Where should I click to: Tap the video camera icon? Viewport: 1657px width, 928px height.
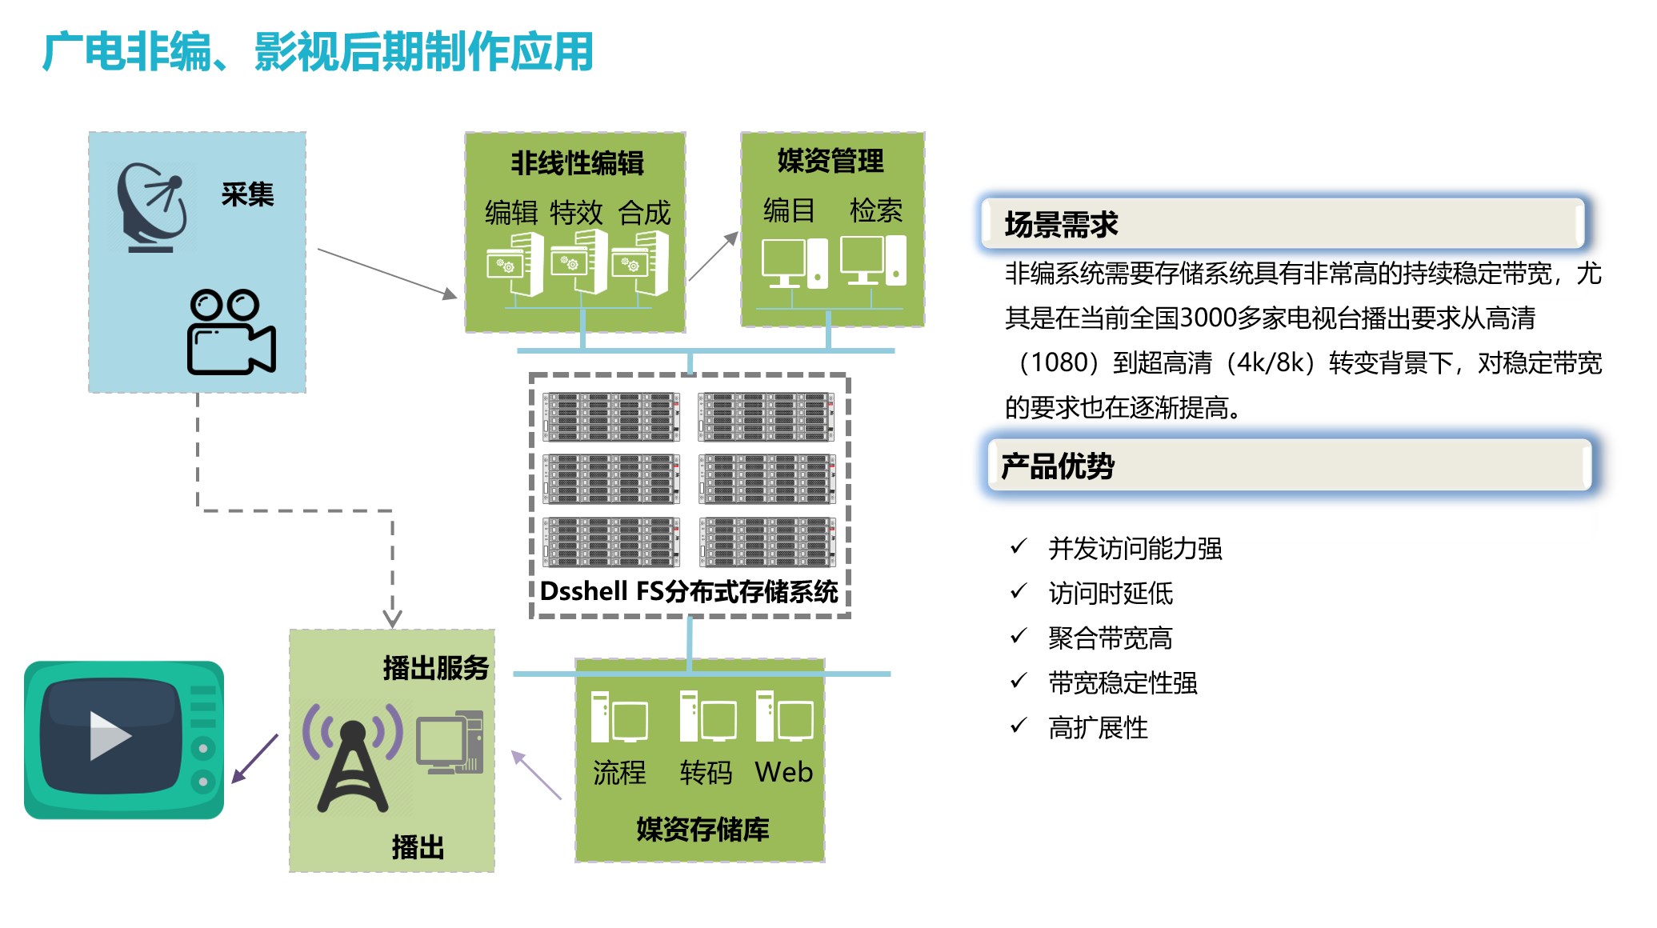coord(231,331)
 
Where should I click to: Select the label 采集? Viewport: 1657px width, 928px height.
coord(247,194)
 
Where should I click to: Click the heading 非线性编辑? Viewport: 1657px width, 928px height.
coord(577,163)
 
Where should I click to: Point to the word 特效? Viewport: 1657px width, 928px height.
coord(576,213)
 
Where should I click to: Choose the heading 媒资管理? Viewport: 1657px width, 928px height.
coord(831,161)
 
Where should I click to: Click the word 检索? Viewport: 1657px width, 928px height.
coord(876,210)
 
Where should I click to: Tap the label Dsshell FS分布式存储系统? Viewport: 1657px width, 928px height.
coord(689,591)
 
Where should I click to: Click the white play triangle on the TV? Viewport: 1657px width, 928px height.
coord(110,735)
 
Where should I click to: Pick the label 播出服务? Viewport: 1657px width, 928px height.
coord(435,667)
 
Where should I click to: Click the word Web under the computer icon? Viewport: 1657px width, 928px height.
coord(784,772)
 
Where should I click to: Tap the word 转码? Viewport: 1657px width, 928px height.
coord(706,773)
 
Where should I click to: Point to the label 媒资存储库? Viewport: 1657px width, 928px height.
coord(702,830)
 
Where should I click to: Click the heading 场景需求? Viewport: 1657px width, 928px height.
coord(1061,225)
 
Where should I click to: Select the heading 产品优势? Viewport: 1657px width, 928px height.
coord(1058,466)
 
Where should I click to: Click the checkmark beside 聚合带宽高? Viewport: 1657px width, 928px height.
coord(1019,636)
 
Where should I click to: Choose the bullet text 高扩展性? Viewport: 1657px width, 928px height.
coord(1098,728)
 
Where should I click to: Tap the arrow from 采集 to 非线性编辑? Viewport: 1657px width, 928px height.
coord(387,274)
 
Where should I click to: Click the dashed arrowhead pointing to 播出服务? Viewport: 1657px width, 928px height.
coord(392,618)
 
